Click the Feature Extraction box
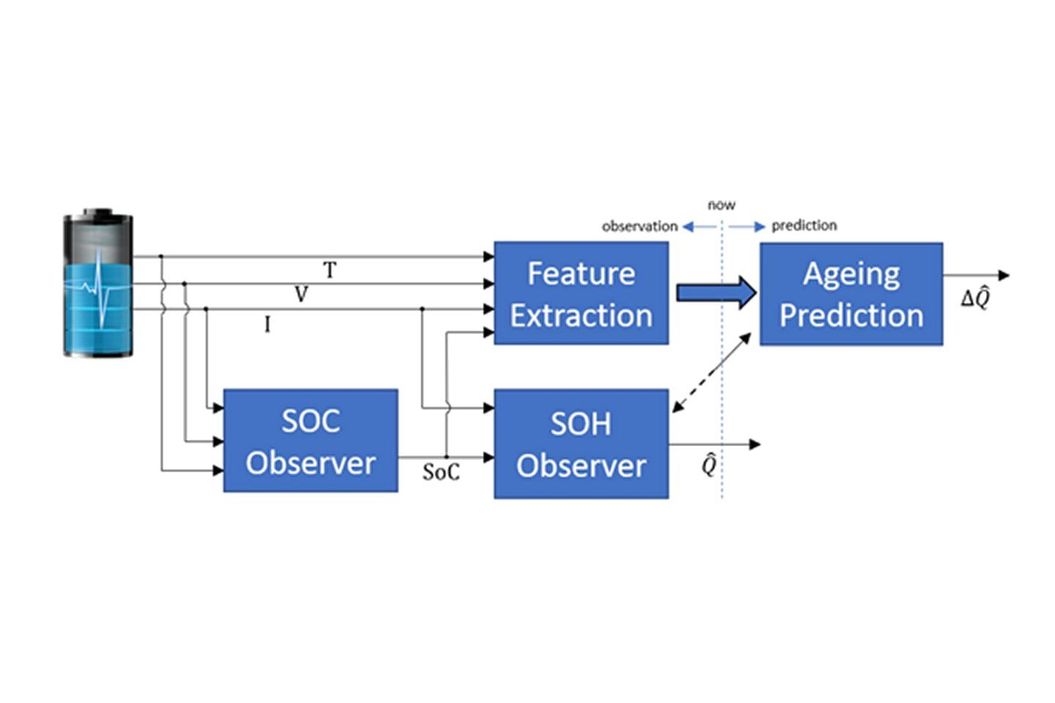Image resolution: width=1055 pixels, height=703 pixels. [581, 293]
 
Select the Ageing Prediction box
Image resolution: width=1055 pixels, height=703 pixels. [851, 294]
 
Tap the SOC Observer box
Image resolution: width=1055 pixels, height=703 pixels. [311, 441]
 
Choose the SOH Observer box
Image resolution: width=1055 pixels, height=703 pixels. [581, 444]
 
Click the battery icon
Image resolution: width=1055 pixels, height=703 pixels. [98, 283]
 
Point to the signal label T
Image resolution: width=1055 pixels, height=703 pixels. [330, 269]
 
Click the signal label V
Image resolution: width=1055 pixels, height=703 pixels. [301, 294]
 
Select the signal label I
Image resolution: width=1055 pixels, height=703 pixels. [267, 324]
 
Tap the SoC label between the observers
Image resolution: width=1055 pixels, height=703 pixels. [441, 472]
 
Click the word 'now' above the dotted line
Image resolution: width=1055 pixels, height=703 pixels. [722, 205]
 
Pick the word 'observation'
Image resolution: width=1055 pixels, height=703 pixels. [640, 226]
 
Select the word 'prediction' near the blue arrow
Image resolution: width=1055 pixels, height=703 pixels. [804, 226]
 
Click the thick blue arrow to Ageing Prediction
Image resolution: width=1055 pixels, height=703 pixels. [717, 293]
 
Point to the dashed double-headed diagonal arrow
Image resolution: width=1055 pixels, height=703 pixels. [711, 373]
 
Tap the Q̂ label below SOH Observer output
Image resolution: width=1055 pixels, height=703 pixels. [709, 465]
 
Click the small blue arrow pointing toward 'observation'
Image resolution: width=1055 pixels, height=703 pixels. [700, 227]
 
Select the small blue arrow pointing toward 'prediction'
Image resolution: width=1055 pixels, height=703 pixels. [747, 227]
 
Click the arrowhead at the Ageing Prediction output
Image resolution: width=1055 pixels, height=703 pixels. [1004, 275]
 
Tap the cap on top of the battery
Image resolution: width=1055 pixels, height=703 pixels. [98, 212]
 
